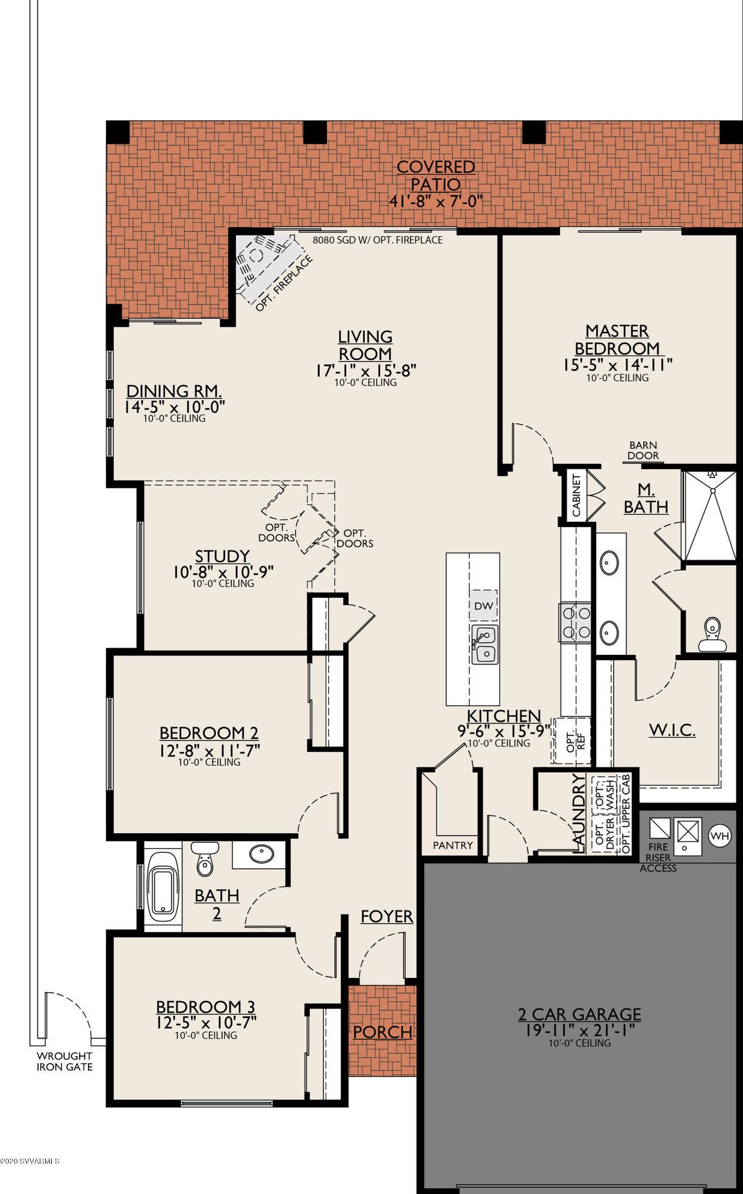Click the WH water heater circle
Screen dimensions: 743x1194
pos(720,836)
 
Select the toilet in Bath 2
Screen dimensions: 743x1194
pos(205,858)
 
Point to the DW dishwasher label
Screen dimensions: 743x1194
pos(483,606)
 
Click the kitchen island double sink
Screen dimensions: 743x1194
pos(484,645)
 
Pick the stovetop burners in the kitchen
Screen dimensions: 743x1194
pos(576,622)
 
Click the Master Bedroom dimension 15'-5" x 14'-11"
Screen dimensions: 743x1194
pos(618,364)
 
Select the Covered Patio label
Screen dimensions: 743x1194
pos(436,175)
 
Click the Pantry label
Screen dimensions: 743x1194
pos(453,845)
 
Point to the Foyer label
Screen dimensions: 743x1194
pos(387,916)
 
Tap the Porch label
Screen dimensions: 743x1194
pos(382,1032)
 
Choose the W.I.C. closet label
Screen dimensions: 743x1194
pos(672,730)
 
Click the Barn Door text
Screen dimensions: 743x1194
pos(643,451)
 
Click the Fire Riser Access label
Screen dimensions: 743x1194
pos(658,857)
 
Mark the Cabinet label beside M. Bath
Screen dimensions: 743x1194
pos(576,495)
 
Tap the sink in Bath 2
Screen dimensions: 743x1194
pos(261,854)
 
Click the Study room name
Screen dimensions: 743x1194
pos(222,556)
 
